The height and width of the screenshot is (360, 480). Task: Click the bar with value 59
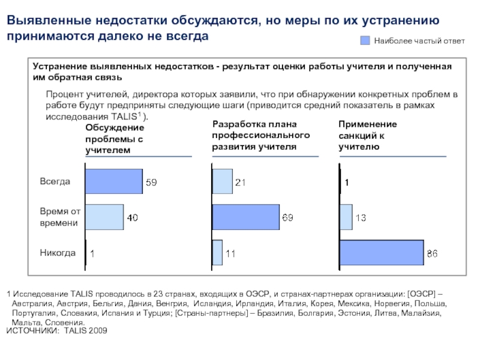click(x=114, y=181)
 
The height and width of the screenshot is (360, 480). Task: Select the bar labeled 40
click(x=104, y=217)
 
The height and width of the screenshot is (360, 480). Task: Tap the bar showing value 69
click(x=246, y=217)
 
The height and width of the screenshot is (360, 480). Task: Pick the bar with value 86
click(x=382, y=253)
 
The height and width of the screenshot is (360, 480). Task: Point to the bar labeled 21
click(x=222, y=181)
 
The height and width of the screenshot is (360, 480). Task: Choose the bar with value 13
click(x=346, y=217)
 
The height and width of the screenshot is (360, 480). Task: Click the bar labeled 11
click(x=218, y=253)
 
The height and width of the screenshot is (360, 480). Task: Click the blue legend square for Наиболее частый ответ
click(x=365, y=41)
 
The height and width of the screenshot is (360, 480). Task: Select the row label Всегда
click(x=55, y=181)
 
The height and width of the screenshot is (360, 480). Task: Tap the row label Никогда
click(x=58, y=253)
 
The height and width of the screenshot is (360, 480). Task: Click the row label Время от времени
click(x=59, y=217)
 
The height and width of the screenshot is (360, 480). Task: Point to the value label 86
click(x=432, y=254)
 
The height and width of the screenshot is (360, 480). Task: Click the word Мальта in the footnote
click(x=22, y=322)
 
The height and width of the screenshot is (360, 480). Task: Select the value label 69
click(x=289, y=218)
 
